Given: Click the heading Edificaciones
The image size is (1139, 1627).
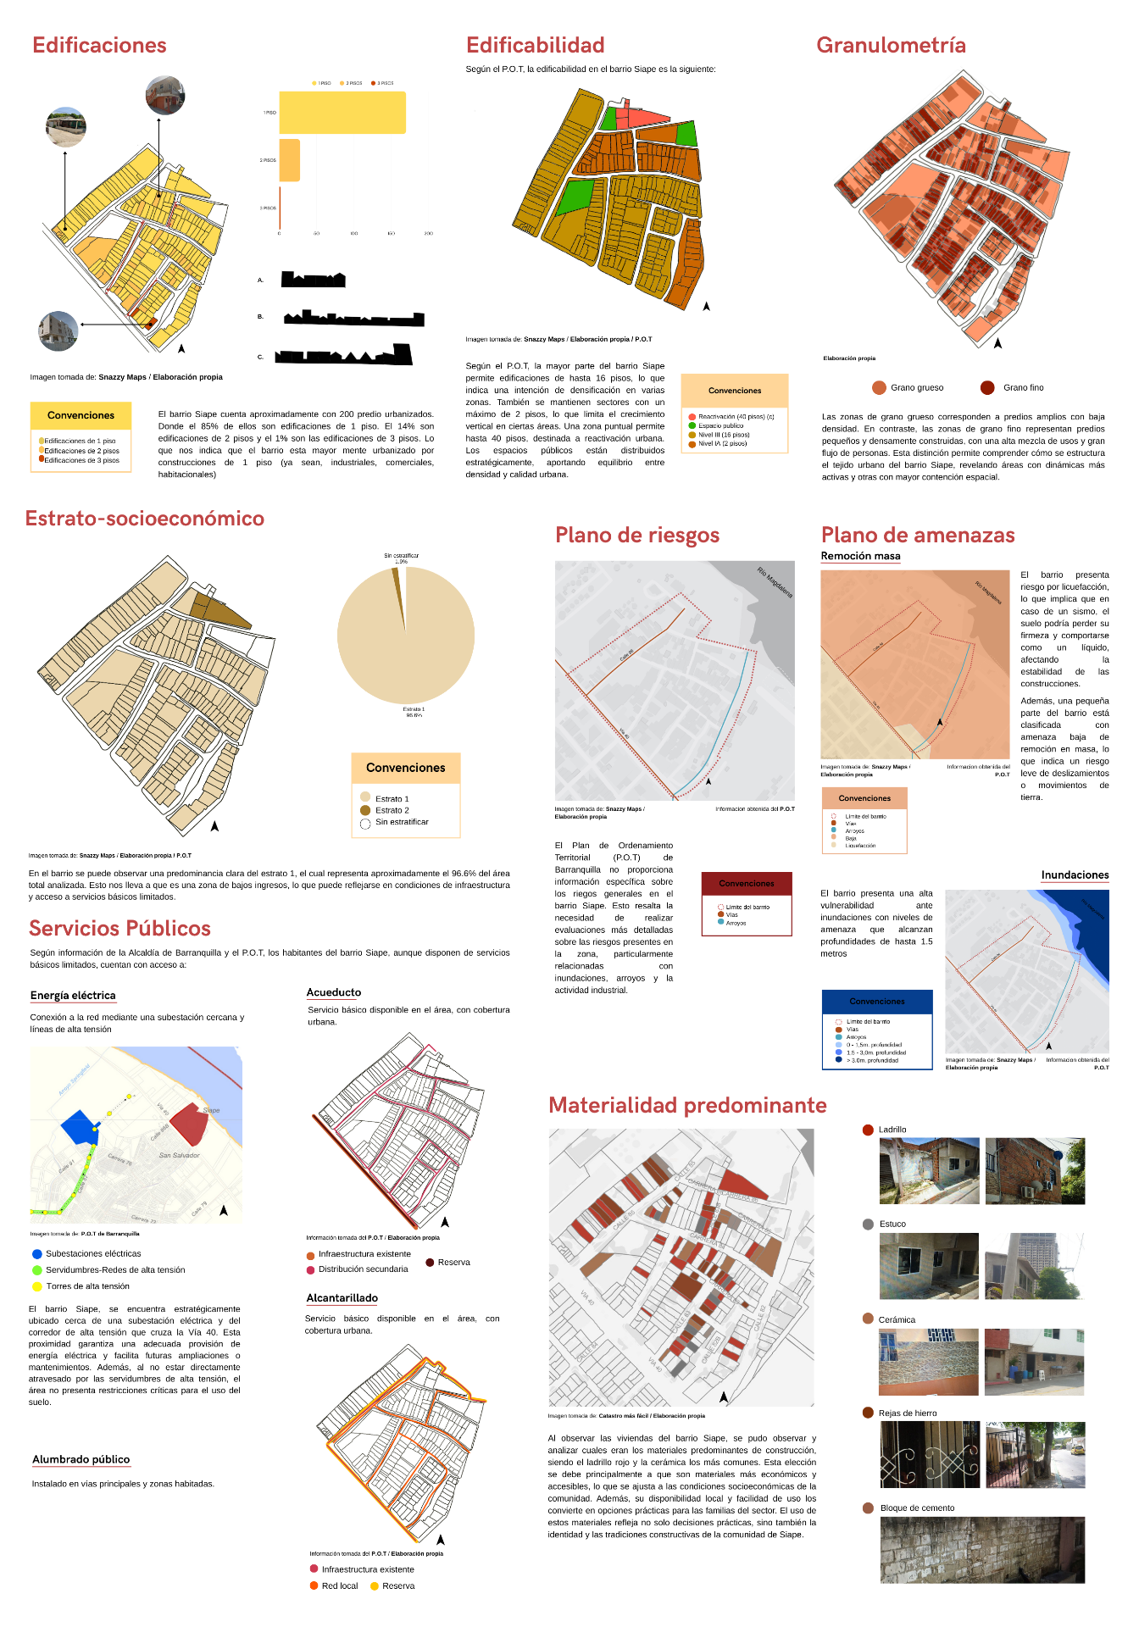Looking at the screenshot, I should [x=99, y=46].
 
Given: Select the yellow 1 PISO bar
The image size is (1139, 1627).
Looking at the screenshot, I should [x=342, y=113].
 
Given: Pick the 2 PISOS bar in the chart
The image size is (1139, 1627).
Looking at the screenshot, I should [x=289, y=160].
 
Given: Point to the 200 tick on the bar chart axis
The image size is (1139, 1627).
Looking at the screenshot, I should [x=428, y=233].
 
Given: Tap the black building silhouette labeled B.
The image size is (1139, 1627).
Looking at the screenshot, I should [x=353, y=319].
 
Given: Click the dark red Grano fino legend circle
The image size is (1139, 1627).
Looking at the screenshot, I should [x=987, y=388].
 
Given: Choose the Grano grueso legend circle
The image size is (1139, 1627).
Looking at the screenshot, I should [x=879, y=388].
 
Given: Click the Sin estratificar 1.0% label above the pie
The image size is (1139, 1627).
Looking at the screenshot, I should [x=401, y=558].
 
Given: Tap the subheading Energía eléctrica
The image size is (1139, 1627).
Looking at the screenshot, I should [x=73, y=996].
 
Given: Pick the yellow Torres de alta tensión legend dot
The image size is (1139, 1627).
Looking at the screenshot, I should [x=36, y=1286].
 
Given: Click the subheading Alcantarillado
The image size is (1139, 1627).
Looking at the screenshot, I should [x=342, y=1298].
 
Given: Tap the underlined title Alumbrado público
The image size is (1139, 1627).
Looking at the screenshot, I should [x=81, y=1459].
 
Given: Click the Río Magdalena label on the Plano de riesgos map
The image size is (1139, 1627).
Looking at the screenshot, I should [x=775, y=582].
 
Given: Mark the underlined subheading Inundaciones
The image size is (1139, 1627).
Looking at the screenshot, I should [x=1075, y=875].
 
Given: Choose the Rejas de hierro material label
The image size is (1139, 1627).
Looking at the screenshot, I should [x=907, y=1413].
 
